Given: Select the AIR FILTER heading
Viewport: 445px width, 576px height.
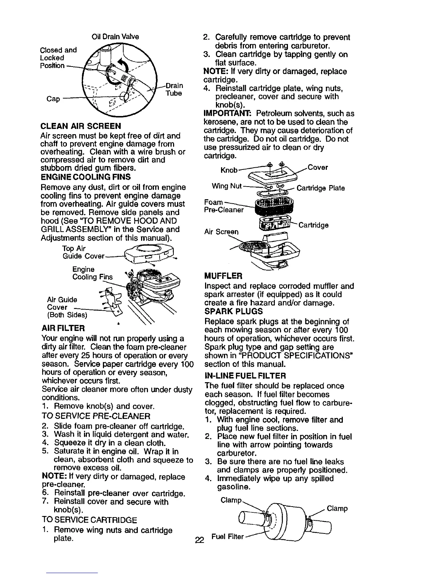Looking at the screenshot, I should coord(63,328).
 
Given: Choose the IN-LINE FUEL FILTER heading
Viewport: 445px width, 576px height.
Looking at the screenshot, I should coord(245,375).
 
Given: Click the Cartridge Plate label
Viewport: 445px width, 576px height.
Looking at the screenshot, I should coord(321,188).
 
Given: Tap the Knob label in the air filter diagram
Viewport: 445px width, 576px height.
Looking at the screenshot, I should coord(229,170).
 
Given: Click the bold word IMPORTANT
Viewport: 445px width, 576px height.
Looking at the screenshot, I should coord(221,113).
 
